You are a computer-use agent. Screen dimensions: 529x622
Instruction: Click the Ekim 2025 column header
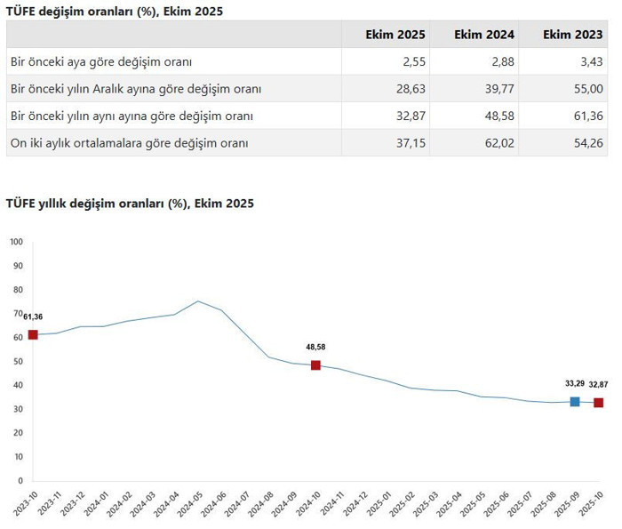coord(395,35)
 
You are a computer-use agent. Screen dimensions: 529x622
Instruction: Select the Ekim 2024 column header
coord(484,35)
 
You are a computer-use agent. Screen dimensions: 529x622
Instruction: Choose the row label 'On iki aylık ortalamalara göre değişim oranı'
coord(129,142)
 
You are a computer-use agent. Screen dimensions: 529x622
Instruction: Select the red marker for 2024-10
coord(315,365)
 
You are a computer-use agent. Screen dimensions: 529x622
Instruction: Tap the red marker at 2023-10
coord(33,334)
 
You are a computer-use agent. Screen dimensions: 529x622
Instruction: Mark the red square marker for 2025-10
coord(599,403)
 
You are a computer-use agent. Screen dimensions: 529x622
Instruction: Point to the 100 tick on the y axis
coord(15,242)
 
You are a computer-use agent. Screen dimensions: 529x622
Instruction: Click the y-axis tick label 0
coord(19,481)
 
